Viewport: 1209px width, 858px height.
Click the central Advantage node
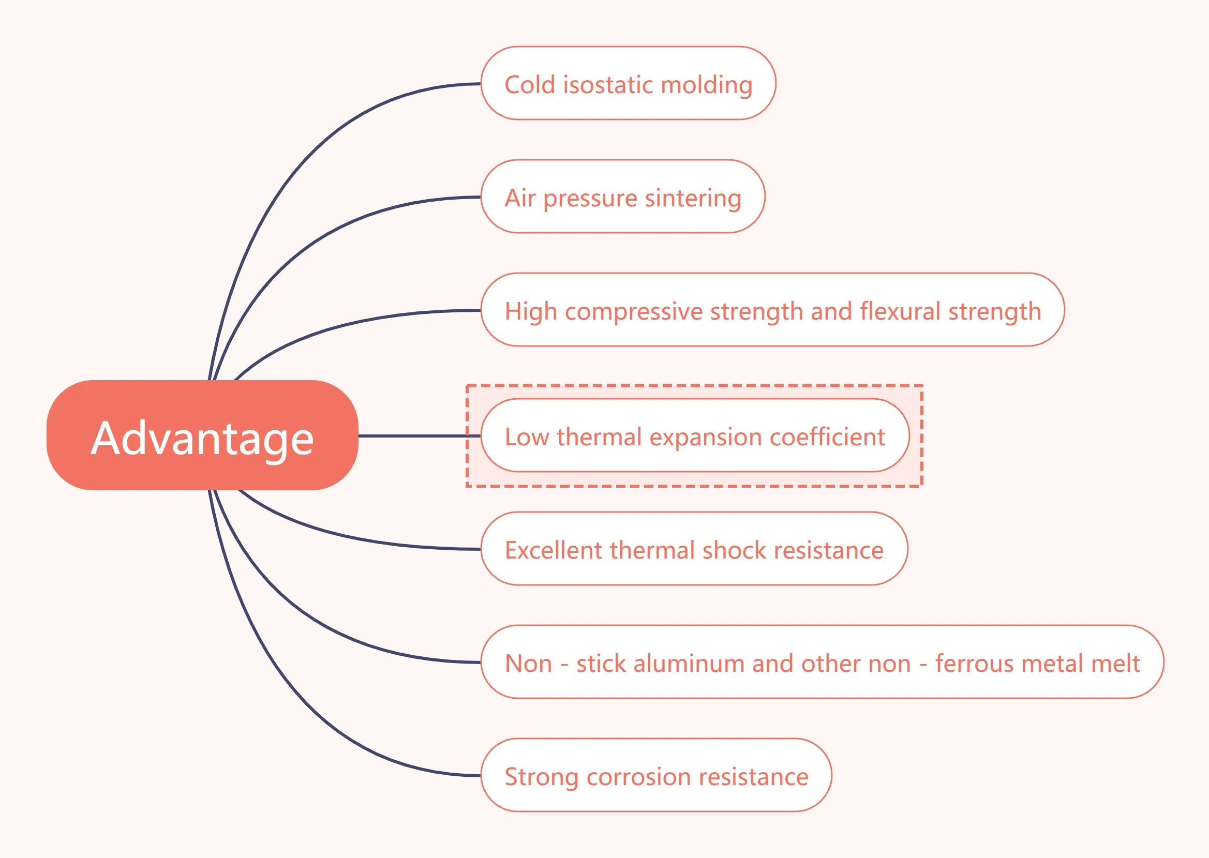202,435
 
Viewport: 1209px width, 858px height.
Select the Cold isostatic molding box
628,83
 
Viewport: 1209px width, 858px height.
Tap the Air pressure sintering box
622,197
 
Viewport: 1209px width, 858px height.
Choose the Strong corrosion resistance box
656,775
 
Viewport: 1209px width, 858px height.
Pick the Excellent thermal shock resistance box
694,549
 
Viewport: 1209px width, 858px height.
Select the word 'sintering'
693,198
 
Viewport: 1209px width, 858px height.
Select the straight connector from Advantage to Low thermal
417,435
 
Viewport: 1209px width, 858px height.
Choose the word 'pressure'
590,199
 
